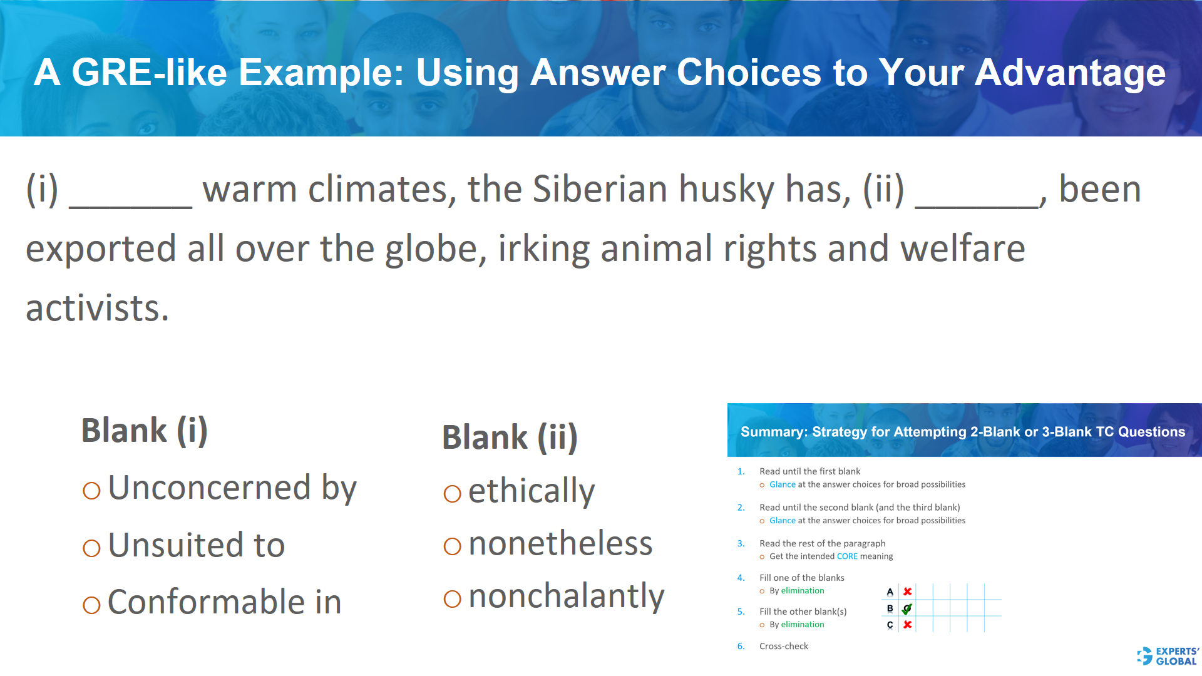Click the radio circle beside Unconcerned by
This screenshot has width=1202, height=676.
[91, 491]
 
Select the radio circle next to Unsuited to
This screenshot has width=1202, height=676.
[91, 548]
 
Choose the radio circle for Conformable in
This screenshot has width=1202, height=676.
[91, 605]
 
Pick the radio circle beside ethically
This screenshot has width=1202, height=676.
[452, 494]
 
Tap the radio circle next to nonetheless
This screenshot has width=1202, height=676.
[452, 546]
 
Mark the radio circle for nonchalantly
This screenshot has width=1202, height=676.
[452, 599]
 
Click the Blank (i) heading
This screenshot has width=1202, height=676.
[145, 431]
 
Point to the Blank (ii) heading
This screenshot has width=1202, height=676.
[510, 437]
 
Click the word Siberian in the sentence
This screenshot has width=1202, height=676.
[600, 189]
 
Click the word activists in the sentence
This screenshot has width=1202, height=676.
[97, 309]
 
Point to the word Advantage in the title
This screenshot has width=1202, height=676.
[1070, 73]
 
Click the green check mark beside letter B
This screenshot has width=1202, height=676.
[907, 608]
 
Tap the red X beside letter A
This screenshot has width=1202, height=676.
[907, 591]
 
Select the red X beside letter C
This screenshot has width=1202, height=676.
[907, 625]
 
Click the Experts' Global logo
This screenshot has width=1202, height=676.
[1168, 656]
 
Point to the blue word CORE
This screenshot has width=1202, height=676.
[847, 556]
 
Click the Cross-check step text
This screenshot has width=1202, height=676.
[783, 646]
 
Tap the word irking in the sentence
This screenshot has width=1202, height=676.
[543, 249]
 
